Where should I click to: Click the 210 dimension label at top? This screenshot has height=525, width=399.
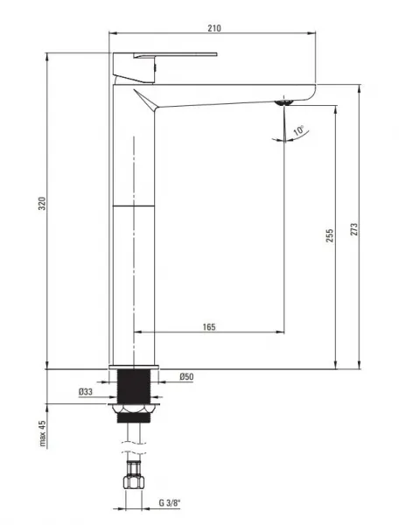[214, 28]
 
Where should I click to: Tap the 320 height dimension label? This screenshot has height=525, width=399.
[42, 204]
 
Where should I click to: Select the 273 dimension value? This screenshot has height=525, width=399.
[353, 229]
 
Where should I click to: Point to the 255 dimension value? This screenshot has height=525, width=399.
[330, 235]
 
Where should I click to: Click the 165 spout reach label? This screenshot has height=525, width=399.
[209, 326]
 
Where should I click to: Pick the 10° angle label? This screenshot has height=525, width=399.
[299, 130]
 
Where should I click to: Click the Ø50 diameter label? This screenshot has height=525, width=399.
[186, 376]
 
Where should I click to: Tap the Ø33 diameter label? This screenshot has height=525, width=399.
[86, 391]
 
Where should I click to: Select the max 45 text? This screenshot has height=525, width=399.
[42, 434]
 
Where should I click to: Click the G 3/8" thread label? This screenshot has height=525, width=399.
[170, 502]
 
